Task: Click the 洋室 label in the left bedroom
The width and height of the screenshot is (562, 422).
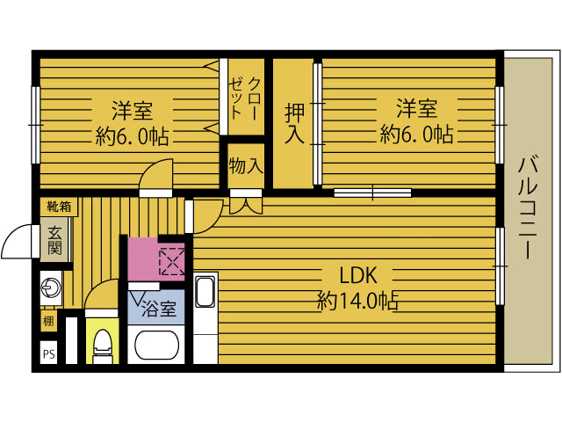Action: tap(132, 111)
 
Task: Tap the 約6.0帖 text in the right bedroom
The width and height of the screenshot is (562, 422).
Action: tap(416, 135)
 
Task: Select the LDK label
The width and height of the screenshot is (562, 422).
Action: tap(358, 273)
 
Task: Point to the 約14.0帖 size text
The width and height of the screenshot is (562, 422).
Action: tap(358, 301)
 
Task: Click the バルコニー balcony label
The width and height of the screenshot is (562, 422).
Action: tap(527, 207)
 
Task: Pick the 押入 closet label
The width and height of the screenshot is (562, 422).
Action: tap(293, 123)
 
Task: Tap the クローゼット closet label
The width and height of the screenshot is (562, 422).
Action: tap(243, 98)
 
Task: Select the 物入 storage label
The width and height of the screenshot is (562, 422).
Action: tap(245, 165)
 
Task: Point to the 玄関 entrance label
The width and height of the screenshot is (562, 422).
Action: tap(54, 240)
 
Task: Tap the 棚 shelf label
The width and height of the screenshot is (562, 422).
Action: tap(47, 321)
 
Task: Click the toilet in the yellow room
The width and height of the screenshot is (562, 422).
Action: tap(103, 346)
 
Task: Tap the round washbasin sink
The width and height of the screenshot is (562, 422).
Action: tap(49, 287)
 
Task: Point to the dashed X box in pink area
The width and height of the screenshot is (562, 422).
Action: tap(171, 261)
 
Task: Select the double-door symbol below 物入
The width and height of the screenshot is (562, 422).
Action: tap(245, 204)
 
